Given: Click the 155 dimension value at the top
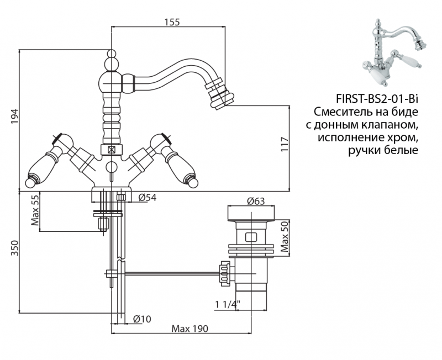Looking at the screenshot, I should [x=172, y=22].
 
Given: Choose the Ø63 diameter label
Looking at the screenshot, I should [x=256, y=200].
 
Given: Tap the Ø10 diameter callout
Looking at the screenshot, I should [x=143, y=319].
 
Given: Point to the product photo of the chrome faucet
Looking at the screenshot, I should [x=389, y=47].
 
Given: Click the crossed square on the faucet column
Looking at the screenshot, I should [x=112, y=149].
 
